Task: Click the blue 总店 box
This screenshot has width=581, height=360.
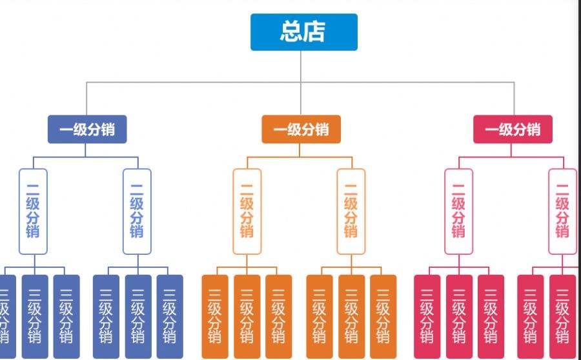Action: pos(303,32)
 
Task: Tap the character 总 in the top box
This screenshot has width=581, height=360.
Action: pos(291,32)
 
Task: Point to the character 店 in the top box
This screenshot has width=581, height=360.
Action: pos(314,32)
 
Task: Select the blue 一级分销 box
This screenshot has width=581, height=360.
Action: pos(87,129)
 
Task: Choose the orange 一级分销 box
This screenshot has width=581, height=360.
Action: pos(301,129)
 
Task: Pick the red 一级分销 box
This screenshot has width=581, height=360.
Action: pos(513,129)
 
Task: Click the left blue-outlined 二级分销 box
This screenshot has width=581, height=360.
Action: pos(33,212)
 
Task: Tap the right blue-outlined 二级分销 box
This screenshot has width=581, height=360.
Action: pos(137,212)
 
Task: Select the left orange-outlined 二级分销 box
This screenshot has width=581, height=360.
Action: pos(247,212)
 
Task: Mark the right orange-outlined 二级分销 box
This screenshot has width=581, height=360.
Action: pos(351,212)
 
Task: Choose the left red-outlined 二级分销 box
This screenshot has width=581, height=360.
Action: pos(458,212)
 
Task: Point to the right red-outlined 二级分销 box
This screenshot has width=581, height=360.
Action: pos(562,212)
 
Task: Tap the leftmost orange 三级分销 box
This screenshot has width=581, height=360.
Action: pos(215,316)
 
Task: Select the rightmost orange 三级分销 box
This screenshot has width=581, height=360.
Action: pos(383,316)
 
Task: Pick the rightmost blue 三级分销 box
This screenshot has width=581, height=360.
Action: pos(170,316)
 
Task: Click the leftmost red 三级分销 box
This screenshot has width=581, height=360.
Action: pos(427,316)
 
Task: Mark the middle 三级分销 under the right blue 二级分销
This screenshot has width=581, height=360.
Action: pos(138,316)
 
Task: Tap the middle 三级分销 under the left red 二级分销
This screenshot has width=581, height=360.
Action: pos(459,316)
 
